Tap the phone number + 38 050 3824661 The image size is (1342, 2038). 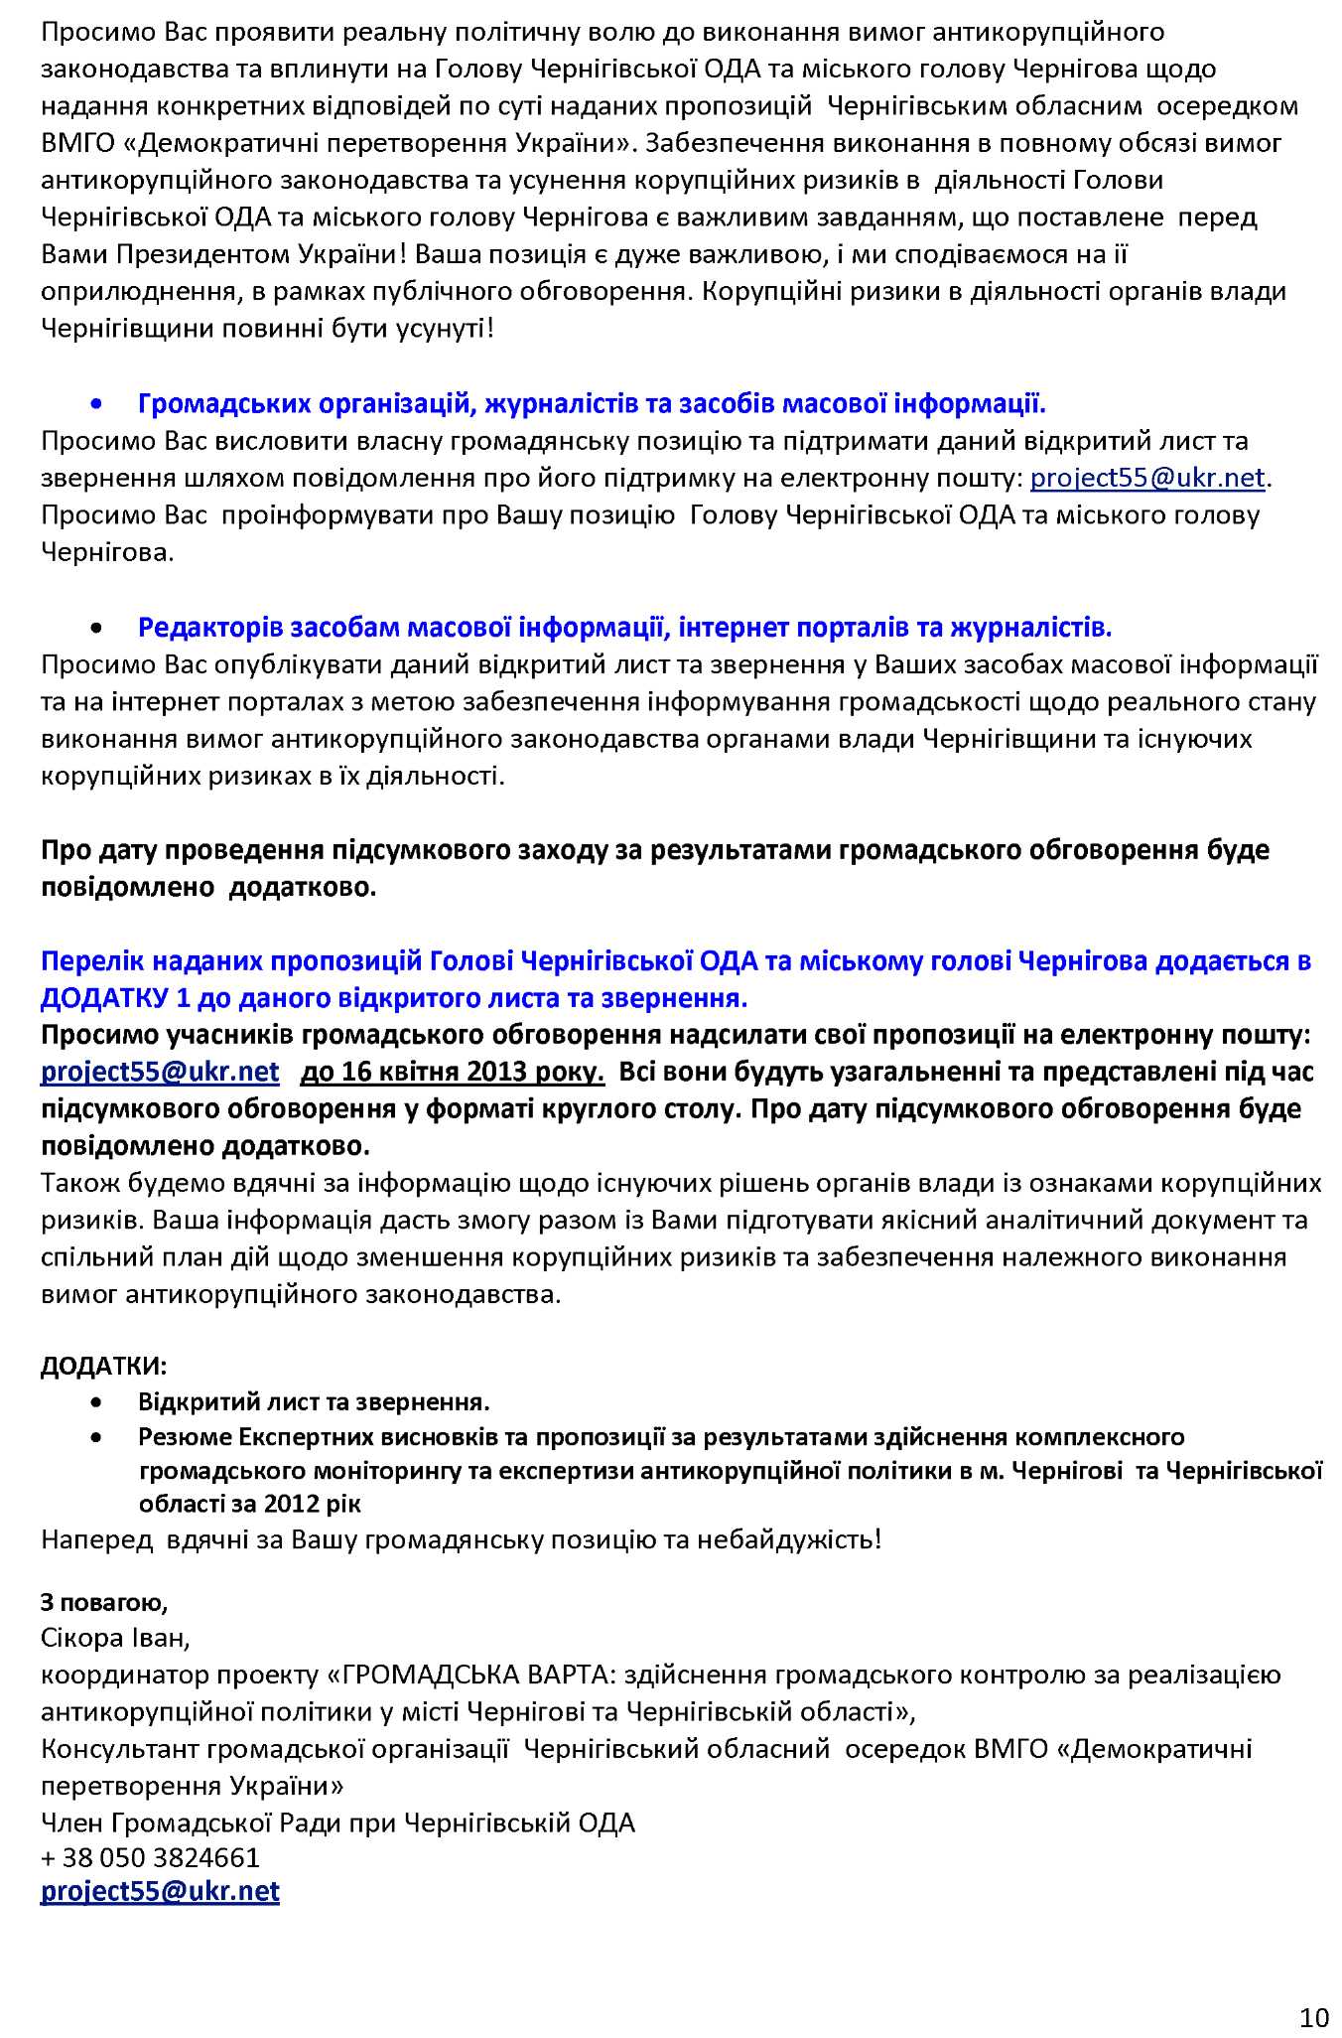(150, 1857)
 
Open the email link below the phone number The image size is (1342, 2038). (160, 1891)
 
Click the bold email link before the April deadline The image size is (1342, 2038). (160, 1073)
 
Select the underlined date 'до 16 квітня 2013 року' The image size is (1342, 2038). (452, 1073)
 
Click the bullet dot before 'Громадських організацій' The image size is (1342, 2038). (96, 405)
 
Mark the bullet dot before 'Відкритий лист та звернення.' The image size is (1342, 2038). (96, 1403)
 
